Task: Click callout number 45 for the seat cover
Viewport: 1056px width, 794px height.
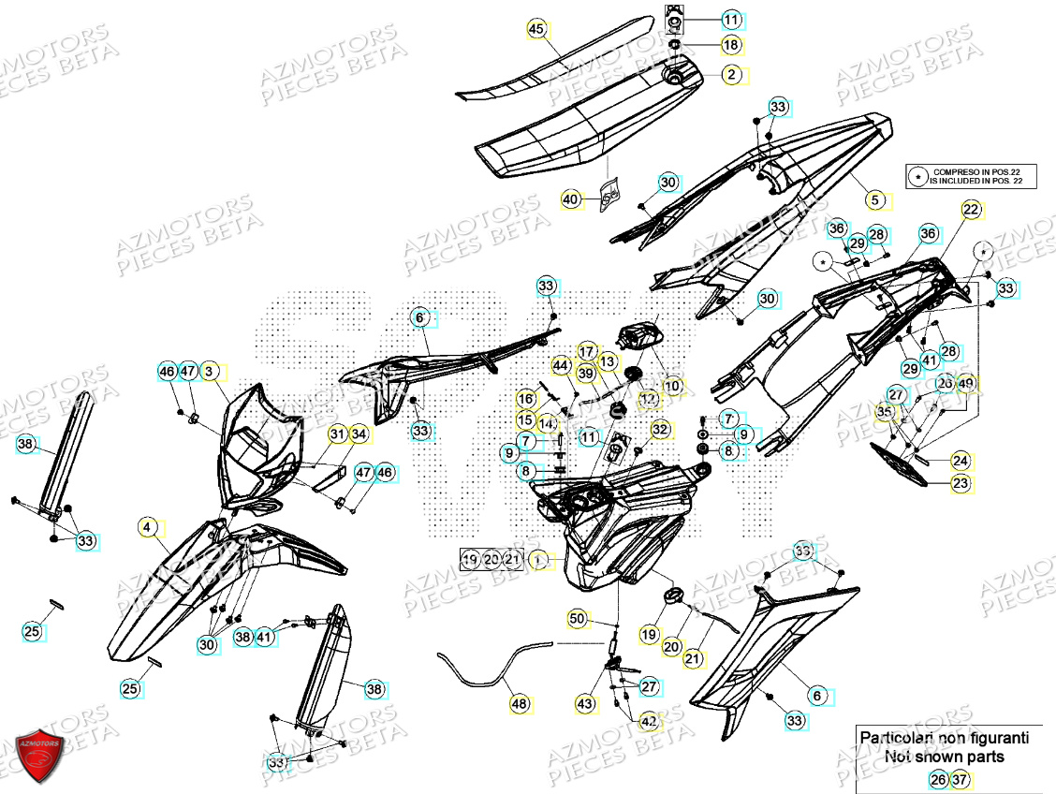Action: point(535,29)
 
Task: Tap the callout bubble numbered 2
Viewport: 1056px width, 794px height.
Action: point(731,73)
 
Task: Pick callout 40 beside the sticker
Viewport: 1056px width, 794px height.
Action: point(571,198)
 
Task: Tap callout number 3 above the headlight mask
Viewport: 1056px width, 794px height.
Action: point(210,372)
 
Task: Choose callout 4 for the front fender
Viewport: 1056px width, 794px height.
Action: point(147,527)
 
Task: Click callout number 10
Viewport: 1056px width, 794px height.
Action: point(672,385)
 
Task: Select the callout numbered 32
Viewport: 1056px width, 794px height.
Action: point(661,430)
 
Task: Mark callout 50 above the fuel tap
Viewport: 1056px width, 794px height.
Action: point(577,618)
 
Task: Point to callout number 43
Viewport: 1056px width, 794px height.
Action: point(586,703)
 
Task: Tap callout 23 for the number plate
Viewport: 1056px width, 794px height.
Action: point(961,483)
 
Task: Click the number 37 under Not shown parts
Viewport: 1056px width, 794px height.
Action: point(959,779)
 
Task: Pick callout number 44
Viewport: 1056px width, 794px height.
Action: point(561,364)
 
